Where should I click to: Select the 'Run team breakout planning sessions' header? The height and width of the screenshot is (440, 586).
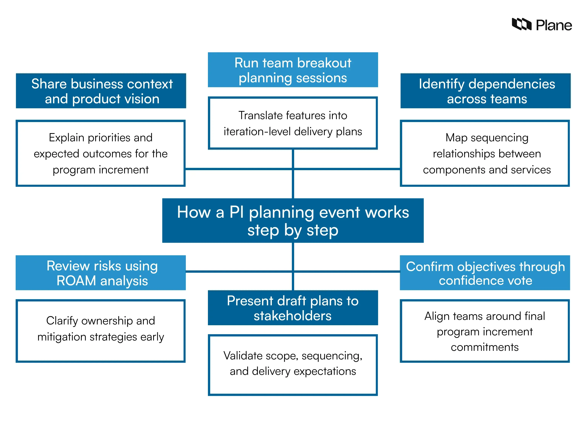tap(293, 70)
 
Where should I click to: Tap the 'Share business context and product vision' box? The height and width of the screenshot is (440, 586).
tap(101, 91)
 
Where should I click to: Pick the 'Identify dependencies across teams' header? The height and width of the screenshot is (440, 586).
tap(485, 91)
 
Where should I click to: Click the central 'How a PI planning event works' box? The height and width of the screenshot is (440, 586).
tap(293, 220)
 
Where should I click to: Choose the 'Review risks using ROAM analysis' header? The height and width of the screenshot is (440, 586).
tap(101, 273)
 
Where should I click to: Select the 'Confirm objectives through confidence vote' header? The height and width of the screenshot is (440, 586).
tap(485, 273)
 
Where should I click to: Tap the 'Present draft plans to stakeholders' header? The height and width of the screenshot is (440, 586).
tap(293, 308)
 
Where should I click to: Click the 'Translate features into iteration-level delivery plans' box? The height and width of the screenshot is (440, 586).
tap(293, 123)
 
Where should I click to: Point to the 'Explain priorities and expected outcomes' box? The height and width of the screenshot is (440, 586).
tap(101, 153)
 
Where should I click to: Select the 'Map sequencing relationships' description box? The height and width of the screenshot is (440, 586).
tap(485, 153)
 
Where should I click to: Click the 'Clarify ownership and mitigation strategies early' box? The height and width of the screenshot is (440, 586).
tap(101, 331)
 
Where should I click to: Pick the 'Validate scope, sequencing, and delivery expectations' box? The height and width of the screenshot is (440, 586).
tap(293, 365)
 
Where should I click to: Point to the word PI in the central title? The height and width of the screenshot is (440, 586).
tap(236, 212)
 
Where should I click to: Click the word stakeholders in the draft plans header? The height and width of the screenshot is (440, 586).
tap(292, 316)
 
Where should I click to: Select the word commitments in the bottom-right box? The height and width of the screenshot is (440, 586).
tap(485, 347)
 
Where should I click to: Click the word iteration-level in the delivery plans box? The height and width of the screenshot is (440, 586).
tap(257, 132)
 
